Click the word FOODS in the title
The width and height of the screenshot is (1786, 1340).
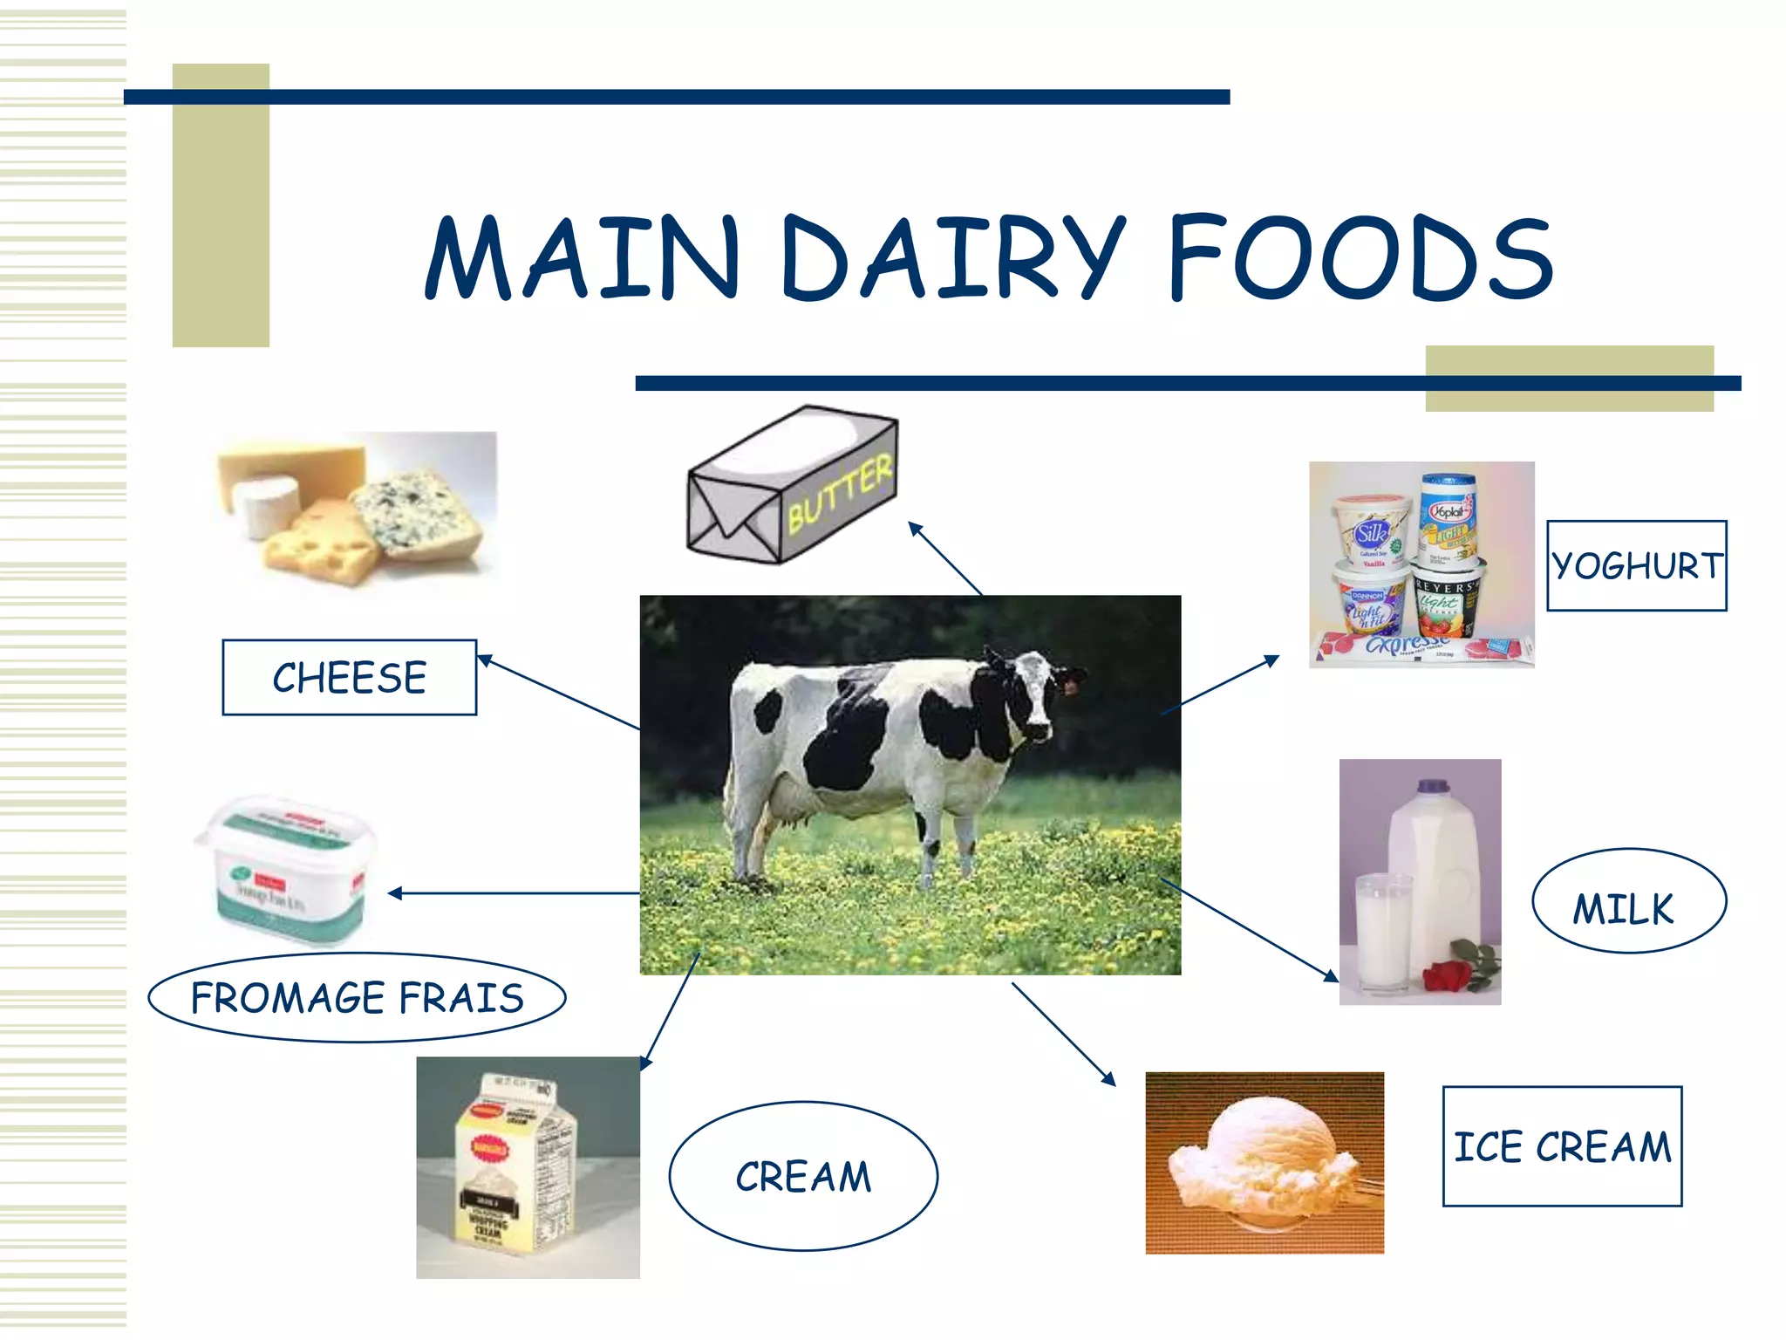point(1360,258)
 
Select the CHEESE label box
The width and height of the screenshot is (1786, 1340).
point(349,678)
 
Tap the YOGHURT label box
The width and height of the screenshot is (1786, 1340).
point(1636,566)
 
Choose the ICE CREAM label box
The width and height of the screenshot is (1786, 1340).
point(1561,1146)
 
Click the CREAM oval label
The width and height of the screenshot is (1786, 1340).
point(802,1176)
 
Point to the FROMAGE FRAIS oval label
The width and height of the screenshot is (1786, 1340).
point(357,997)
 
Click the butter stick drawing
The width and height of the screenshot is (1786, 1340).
point(792,485)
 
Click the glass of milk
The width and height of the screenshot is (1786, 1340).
point(1382,933)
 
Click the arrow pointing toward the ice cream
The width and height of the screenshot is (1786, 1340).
point(1064,1034)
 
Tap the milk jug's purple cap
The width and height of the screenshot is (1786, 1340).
point(1430,786)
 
